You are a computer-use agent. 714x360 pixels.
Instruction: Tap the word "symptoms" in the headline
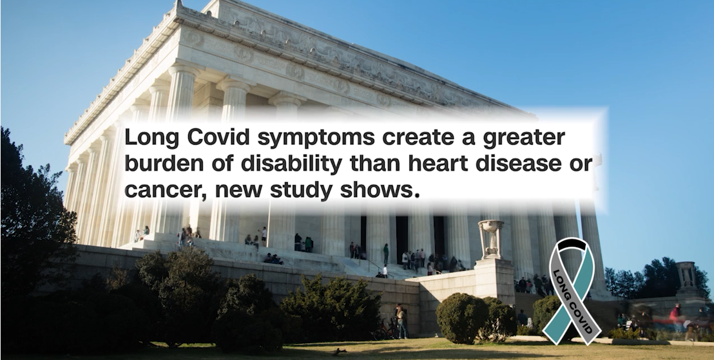point(316,139)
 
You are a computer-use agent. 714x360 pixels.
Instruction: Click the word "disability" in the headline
point(291,165)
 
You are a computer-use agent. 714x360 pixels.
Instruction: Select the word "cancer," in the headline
point(166,191)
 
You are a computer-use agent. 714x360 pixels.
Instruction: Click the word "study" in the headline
point(301,190)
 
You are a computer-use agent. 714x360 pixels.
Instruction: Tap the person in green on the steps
point(386,254)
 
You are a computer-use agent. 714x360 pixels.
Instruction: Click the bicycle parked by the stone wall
point(385,329)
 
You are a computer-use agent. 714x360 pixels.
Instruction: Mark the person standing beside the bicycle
point(401,321)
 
